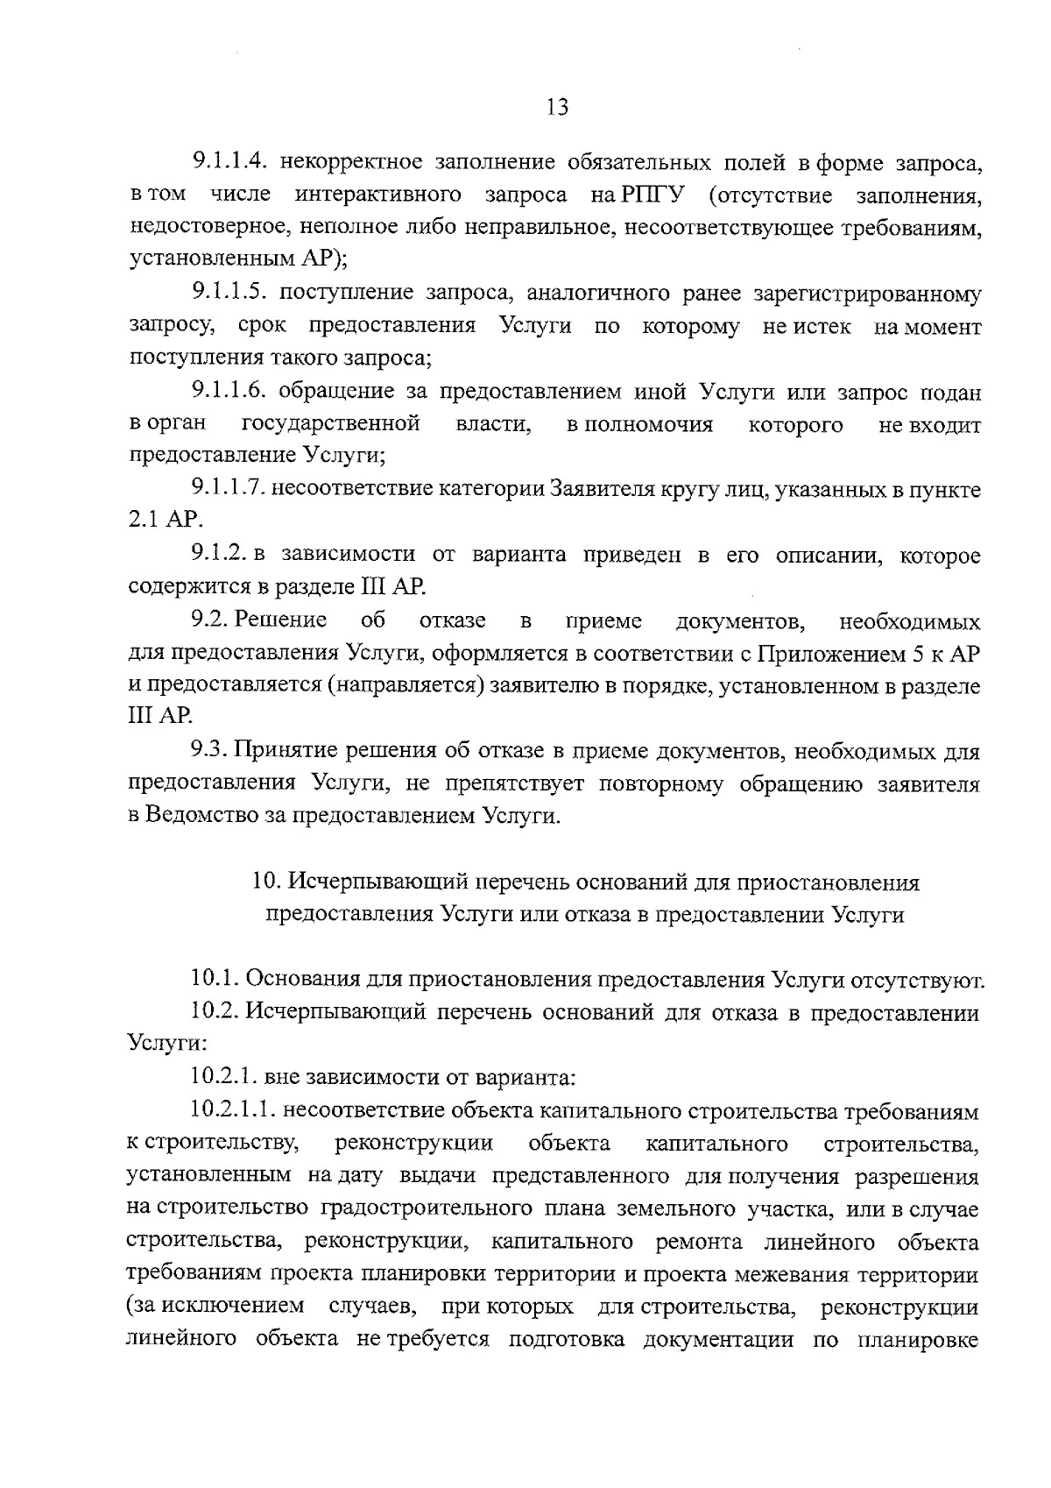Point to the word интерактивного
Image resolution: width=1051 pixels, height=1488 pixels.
click(380, 195)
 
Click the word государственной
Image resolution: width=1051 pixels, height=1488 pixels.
click(331, 425)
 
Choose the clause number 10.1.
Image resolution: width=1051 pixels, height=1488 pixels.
click(214, 979)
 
